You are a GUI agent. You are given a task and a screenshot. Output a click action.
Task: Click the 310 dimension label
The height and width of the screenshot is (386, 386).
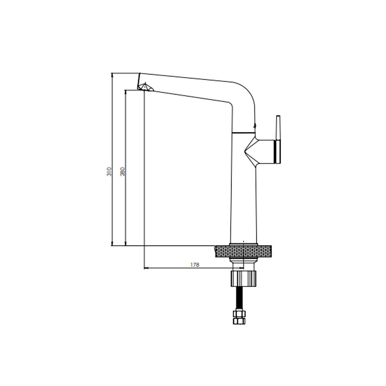tap(109, 171)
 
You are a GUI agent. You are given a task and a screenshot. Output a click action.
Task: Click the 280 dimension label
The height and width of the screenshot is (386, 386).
tap(123, 171)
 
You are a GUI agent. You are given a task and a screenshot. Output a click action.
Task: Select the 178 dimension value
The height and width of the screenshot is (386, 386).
tap(195, 265)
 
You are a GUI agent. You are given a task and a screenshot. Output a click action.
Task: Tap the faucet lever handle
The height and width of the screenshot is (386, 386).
tap(278, 139)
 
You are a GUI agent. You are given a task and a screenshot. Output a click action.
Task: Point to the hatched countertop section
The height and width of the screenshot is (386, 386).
tap(243, 251)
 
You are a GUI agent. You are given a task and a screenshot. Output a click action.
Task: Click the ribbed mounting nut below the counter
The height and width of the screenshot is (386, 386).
tap(243, 278)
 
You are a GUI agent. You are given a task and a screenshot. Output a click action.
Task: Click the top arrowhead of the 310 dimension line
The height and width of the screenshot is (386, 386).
tap(112, 75)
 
